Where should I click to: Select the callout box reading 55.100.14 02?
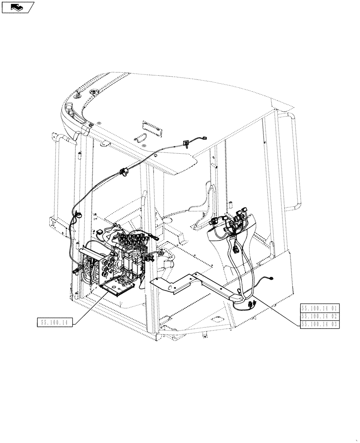point(320,316)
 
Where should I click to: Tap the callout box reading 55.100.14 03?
point(320,324)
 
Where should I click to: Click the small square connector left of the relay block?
point(100,231)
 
